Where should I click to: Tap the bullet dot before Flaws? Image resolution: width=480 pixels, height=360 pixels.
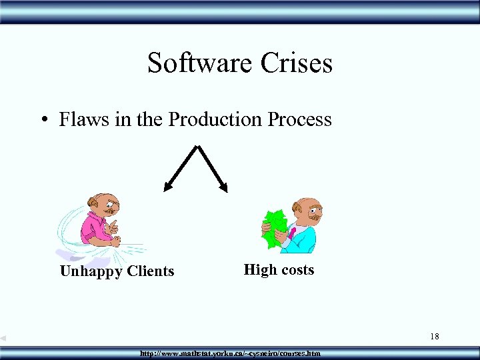pyautogui.click(x=43, y=121)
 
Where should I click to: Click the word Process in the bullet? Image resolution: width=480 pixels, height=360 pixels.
pyautogui.click(x=299, y=120)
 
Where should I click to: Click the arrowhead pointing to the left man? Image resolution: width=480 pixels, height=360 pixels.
pyautogui.click(x=167, y=188)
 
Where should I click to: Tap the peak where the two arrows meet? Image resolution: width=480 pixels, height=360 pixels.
pyautogui.click(x=197, y=147)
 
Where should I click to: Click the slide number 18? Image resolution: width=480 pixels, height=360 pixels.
pyautogui.click(x=434, y=337)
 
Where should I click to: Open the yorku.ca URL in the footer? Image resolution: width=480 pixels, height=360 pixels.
pyautogui.click(x=230, y=353)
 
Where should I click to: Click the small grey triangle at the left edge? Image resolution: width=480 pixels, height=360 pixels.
pyautogui.click(x=3, y=338)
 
